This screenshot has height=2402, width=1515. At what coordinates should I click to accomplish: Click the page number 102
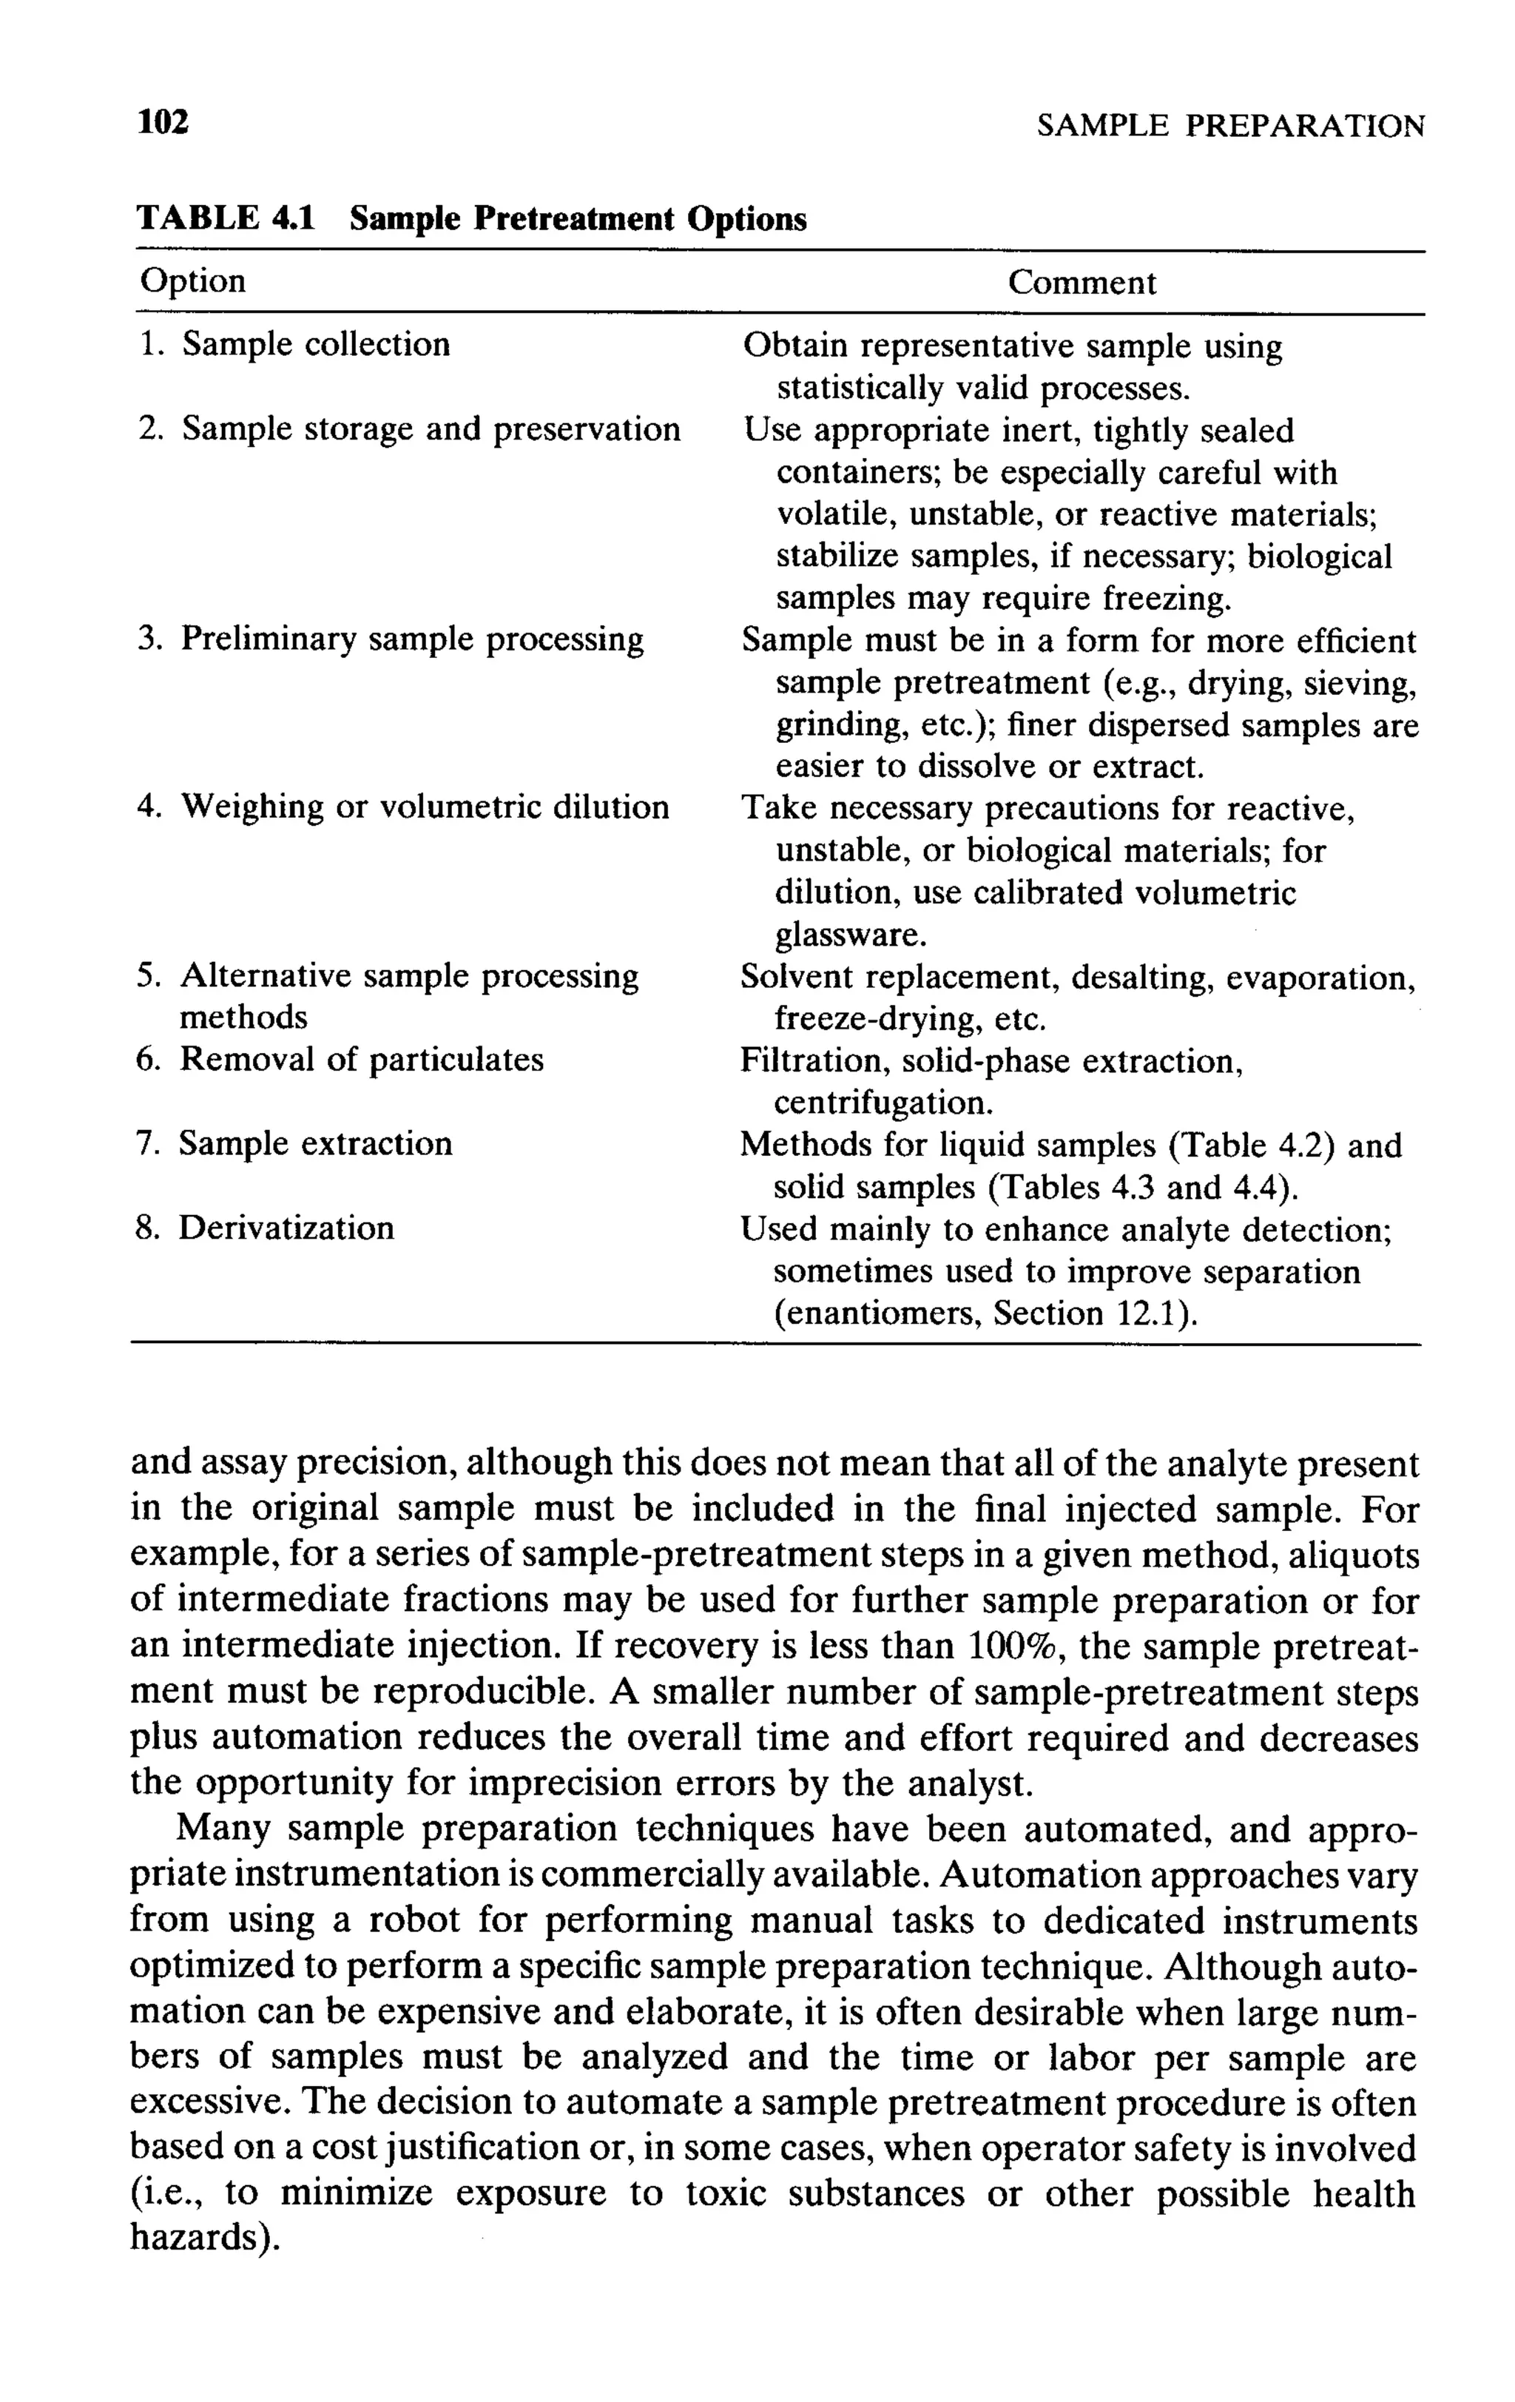(x=163, y=123)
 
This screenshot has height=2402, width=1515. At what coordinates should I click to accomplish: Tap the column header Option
(x=192, y=281)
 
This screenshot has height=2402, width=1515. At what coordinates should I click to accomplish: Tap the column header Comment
(x=1082, y=283)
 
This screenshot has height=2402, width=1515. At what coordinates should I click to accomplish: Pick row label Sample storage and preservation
(x=431, y=429)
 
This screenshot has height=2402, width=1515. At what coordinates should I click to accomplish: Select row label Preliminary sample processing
(x=412, y=639)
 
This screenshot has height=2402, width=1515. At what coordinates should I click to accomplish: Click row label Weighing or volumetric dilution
(x=425, y=807)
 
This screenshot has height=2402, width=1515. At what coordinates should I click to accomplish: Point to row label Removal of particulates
(x=361, y=1060)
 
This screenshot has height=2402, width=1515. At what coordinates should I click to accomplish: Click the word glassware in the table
(x=851, y=935)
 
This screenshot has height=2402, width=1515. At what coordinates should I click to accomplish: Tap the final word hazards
(x=203, y=2238)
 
